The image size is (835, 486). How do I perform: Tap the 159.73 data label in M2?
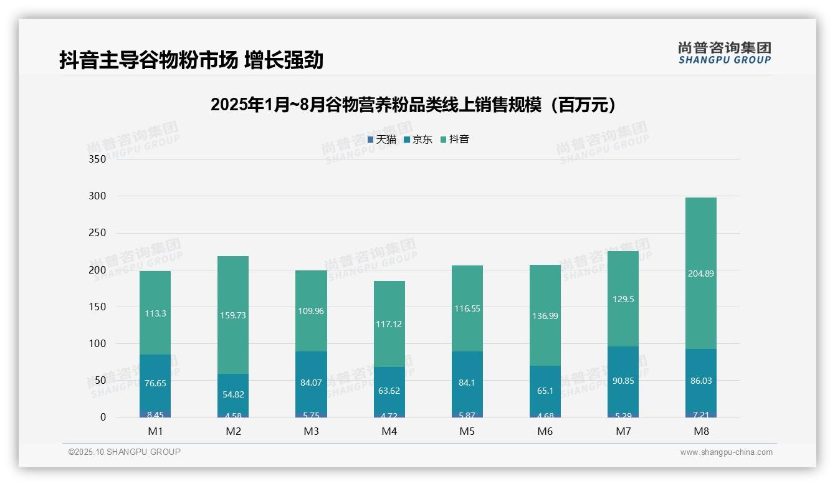[233, 315]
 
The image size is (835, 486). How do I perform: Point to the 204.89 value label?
[700, 273]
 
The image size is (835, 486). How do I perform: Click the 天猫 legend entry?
[382, 140]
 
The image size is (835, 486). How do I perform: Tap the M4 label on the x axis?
[389, 431]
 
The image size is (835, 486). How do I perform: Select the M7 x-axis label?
[623, 431]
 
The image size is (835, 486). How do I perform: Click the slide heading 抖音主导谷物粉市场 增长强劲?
[191, 60]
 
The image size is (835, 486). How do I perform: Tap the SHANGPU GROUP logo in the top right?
[724, 53]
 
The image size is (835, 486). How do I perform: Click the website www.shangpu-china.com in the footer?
[726, 452]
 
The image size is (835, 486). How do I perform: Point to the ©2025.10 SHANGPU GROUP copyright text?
[125, 452]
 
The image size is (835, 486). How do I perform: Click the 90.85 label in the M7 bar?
[623, 381]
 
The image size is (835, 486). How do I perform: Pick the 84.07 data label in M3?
[311, 383]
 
